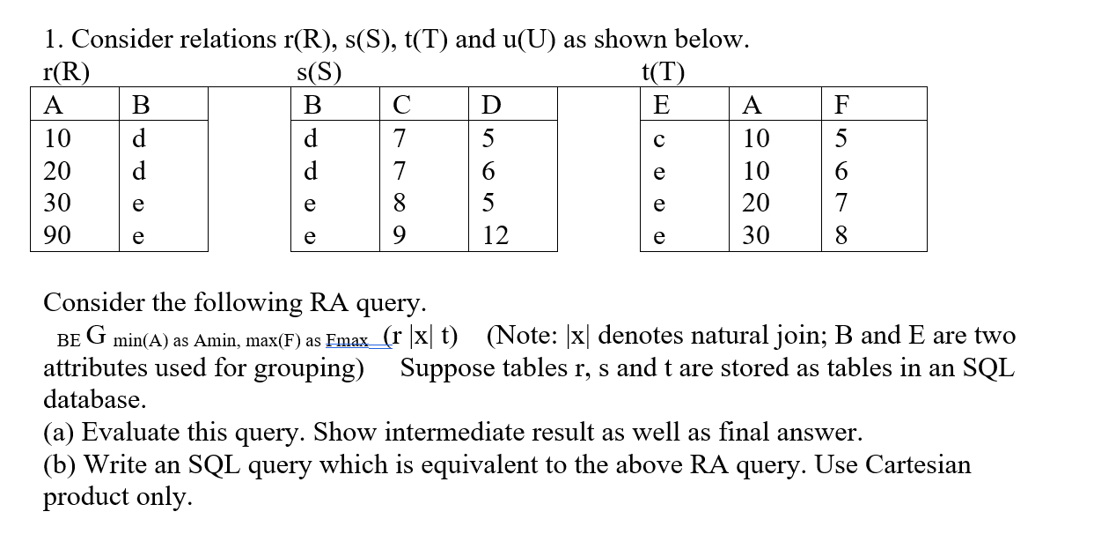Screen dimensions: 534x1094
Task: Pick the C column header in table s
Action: point(401,106)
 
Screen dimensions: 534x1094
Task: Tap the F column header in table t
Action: point(841,106)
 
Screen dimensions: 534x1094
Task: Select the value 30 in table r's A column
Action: point(58,204)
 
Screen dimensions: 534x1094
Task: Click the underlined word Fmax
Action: point(348,341)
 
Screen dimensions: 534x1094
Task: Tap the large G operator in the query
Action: point(97,336)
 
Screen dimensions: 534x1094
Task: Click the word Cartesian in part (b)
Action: point(915,464)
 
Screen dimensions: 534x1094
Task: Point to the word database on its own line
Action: point(94,399)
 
